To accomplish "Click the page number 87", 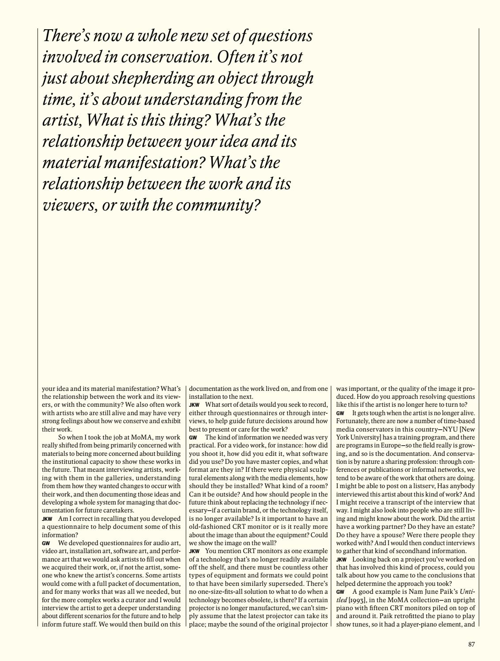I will [x=471, y=644].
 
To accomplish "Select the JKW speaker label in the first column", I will [x=47, y=519].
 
